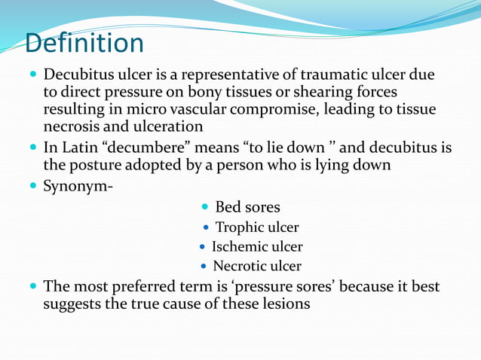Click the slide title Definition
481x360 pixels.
(83, 43)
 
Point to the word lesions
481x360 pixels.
(282, 305)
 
